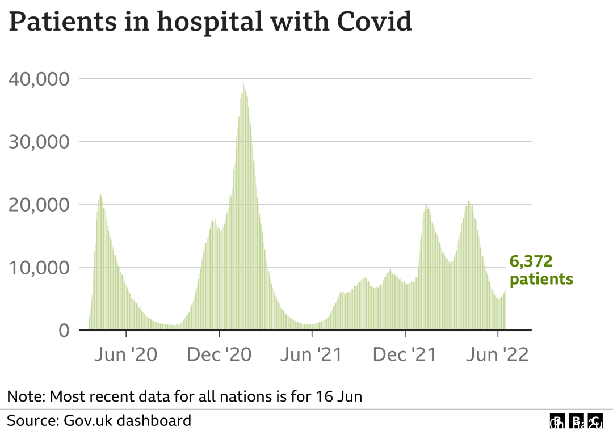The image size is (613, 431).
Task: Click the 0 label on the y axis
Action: click(64, 330)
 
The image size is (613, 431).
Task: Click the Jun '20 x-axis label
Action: click(125, 356)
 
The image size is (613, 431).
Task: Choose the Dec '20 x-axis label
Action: click(219, 356)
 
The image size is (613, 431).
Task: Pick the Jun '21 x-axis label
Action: click(312, 356)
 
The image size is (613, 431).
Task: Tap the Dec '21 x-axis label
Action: click(405, 356)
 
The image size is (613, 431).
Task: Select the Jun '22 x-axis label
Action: click(498, 356)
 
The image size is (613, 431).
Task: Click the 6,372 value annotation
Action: click(531, 261)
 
